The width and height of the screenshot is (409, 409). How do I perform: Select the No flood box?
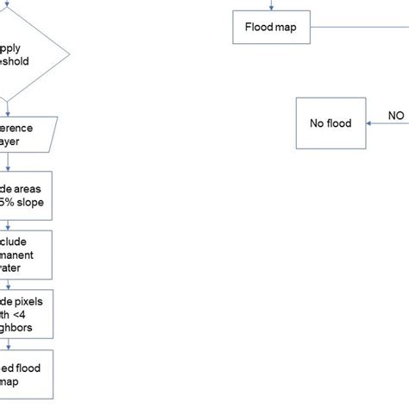click(330, 123)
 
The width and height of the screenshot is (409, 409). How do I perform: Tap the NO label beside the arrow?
click(395, 114)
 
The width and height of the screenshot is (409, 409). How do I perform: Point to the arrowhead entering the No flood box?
click(368, 123)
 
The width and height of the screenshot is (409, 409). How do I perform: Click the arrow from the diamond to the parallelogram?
click(8, 109)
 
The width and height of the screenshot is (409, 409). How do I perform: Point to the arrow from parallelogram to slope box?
click(8, 162)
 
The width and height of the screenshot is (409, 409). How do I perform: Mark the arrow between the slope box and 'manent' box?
click(8, 223)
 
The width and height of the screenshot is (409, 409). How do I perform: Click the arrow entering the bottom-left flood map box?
click(8, 344)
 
